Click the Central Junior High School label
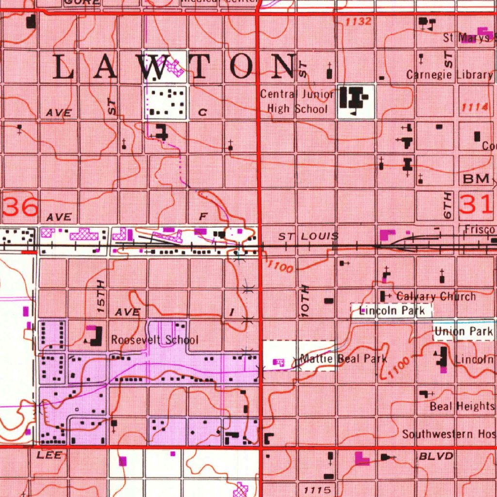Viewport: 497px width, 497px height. point(297,101)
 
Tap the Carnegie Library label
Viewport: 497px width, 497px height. point(449,75)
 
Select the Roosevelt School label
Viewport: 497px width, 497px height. point(155,340)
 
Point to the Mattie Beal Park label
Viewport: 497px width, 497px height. point(344,359)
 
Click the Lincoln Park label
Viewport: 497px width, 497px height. point(392,311)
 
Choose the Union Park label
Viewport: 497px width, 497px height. point(464,332)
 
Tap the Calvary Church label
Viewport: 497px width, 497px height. point(436,296)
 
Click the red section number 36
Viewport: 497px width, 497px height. point(20,207)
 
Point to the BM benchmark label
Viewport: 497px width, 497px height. point(476,179)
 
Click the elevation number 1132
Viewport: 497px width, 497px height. point(359,22)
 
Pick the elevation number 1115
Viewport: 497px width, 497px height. point(317,490)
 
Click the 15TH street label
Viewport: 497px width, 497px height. point(100,295)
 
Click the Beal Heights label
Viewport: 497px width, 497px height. point(462,406)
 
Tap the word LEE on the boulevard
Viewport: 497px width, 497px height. point(49,455)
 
